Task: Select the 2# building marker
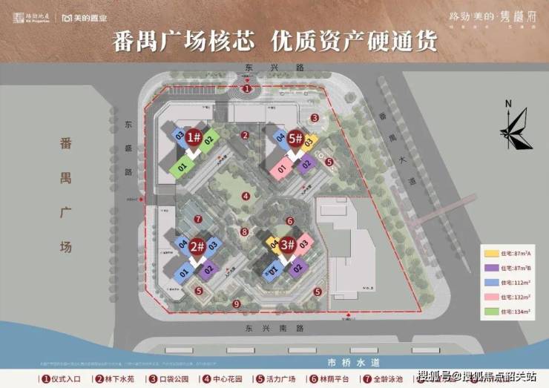(197, 246)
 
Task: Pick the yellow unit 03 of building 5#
(310, 140)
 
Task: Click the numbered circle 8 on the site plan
(244, 231)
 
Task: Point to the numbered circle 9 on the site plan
(237, 304)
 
